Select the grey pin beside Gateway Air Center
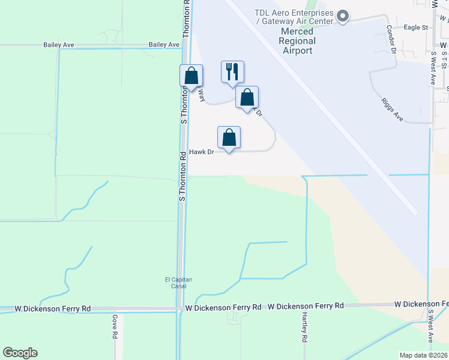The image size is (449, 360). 343,16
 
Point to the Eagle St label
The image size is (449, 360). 415,28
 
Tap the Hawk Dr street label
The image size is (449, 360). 202,152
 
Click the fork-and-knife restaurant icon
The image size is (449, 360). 232,72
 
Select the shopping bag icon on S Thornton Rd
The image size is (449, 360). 191,76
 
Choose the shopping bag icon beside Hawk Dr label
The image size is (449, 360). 229,137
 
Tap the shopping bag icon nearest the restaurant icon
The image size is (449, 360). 247,97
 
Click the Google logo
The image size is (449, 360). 20,353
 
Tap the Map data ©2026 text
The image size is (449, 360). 424,355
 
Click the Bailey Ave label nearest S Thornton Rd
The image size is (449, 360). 164,45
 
